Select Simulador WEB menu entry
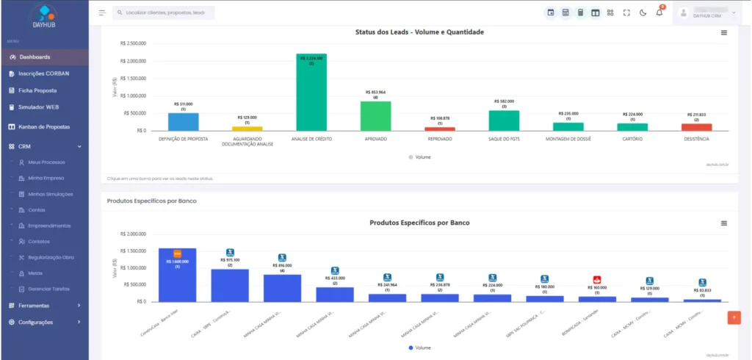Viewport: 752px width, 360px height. click(38, 107)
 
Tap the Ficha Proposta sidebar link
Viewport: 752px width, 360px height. click(37, 90)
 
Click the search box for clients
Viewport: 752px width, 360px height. click(164, 12)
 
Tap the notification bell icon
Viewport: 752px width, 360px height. click(659, 12)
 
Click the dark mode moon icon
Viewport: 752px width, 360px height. click(643, 12)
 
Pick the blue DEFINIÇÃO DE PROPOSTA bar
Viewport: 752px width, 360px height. click(183, 122)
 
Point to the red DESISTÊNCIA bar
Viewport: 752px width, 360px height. click(696, 127)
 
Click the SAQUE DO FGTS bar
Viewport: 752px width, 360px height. click(504, 120)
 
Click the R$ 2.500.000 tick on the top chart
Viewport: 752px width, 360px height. click(133, 43)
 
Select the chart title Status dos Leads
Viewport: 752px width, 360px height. click(419, 32)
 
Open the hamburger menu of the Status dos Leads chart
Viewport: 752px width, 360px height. click(724, 32)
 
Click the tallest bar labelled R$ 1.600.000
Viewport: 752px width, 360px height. click(177, 276)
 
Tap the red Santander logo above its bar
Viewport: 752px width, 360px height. click(597, 279)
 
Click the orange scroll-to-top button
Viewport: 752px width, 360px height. click(734, 317)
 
